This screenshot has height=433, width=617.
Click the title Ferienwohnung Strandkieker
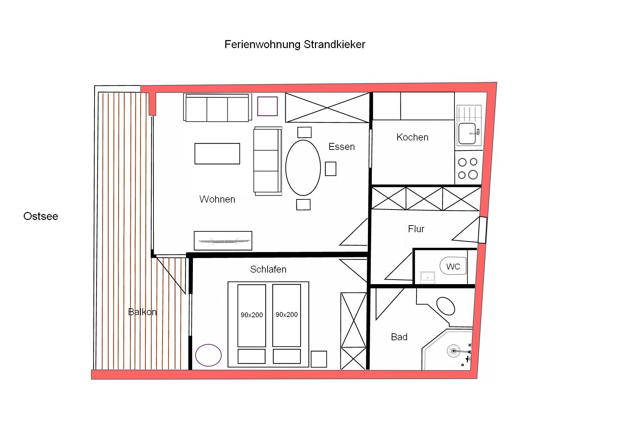[295, 45]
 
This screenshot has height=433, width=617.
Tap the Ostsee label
[41, 216]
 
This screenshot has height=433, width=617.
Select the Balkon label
[142, 312]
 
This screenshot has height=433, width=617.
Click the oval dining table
[303, 168]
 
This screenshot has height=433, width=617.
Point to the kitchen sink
[467, 134]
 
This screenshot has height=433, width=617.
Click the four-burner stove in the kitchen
[468, 168]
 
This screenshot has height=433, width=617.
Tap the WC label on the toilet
[453, 267]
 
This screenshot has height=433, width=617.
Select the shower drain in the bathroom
[453, 351]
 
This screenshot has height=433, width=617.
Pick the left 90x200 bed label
[251, 315]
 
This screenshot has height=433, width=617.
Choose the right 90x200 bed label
[287, 314]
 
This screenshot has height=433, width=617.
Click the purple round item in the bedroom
[208, 355]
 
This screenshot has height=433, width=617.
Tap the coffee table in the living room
[217, 153]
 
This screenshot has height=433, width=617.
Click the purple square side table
[268, 106]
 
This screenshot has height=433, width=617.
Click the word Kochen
[412, 137]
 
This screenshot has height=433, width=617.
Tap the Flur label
[416, 229]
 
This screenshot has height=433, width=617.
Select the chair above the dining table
[304, 132]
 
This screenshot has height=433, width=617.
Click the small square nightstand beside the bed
[319, 359]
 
